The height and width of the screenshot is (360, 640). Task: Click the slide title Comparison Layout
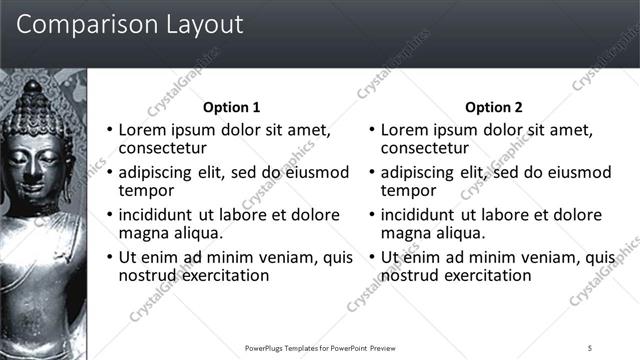coord(130,25)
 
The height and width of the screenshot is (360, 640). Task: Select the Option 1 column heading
coord(231,107)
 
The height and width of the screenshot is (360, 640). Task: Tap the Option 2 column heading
coord(493,107)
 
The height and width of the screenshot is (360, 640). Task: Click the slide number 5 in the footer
coord(590,348)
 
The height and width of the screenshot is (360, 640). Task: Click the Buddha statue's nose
coord(34,167)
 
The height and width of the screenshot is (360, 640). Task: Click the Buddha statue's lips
coord(34,183)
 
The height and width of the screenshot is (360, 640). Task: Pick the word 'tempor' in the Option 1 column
coord(147,190)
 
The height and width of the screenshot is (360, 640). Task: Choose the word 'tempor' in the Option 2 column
coord(409,190)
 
